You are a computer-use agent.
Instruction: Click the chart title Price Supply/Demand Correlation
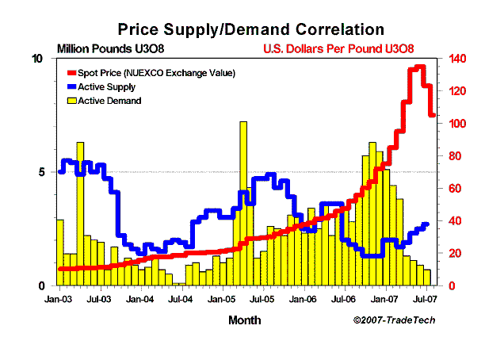pyautogui.click(x=251, y=29)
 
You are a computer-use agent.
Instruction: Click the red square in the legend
pyautogui.click(x=71, y=73)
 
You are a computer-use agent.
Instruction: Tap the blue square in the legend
pyautogui.click(x=71, y=87)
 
